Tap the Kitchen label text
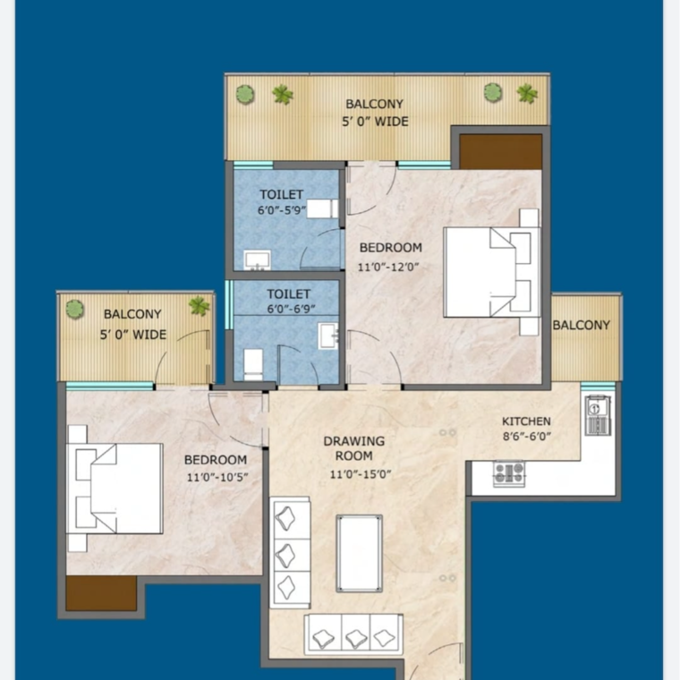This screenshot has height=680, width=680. click(x=526, y=421)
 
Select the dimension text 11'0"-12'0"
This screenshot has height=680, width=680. click(x=389, y=267)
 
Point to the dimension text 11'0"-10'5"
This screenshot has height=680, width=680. click(x=217, y=477)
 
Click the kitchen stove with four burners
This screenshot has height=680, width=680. click(x=509, y=473)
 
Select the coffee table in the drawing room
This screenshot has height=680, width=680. click(x=359, y=553)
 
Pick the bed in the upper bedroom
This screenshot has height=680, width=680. click(x=490, y=272)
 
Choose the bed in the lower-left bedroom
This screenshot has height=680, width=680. click(x=116, y=489)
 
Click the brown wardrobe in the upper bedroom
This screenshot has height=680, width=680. click(x=500, y=151)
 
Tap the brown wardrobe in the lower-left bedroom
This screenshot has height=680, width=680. click(x=101, y=592)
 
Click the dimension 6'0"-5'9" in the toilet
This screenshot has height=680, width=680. click(x=282, y=210)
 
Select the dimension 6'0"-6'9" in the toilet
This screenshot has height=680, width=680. click(x=288, y=310)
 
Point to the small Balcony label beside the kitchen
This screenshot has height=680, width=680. click(x=581, y=325)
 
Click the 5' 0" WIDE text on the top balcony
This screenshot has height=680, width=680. click(x=375, y=121)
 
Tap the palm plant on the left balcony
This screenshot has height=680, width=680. click(x=199, y=307)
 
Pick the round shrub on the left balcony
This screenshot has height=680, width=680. click(x=75, y=309)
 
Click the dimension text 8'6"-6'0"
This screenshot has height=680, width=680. click(x=526, y=437)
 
